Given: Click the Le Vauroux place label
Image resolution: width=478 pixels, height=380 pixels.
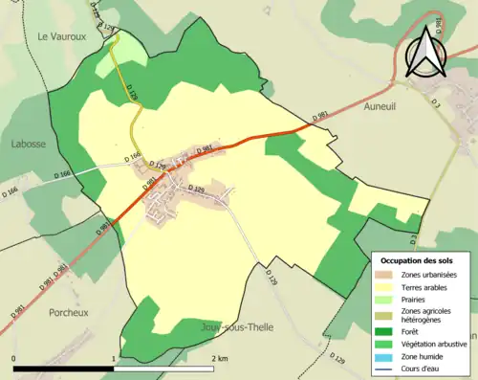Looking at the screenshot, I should click(x=55, y=36).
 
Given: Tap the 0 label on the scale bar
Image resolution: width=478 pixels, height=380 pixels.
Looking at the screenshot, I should click(x=14, y=358).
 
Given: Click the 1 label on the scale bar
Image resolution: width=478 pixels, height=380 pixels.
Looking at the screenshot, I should click(x=114, y=358).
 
